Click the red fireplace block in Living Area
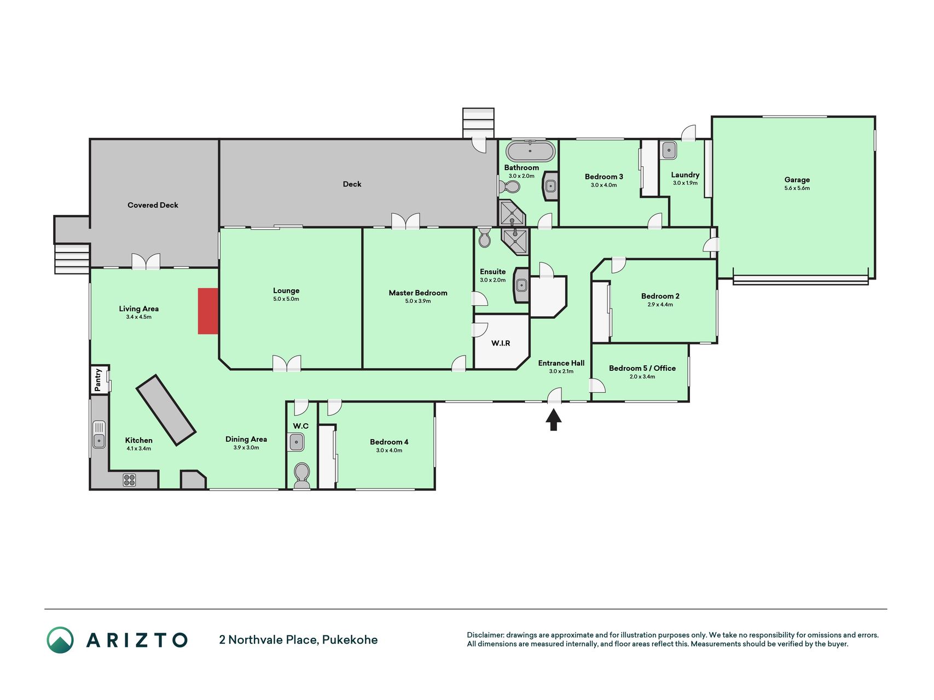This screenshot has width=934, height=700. [208, 311]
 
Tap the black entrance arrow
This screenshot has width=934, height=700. [554, 420]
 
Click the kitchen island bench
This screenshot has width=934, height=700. [166, 410]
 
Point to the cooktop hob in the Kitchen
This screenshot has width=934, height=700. [130, 480]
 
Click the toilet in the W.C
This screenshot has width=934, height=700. [301, 475]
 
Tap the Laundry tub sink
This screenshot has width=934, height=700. [668, 150]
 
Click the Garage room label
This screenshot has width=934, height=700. [797, 179]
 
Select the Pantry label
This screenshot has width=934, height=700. [98, 380]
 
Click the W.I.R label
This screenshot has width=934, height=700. [501, 343]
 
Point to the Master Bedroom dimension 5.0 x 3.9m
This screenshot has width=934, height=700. [418, 301]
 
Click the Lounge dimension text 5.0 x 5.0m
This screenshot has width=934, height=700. [286, 299]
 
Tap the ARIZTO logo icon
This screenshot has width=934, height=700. [60, 640]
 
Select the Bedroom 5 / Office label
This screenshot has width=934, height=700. [642, 368]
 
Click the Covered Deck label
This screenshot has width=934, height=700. [153, 205]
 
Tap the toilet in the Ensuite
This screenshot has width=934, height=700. [484, 238]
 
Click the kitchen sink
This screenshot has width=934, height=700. [99, 435]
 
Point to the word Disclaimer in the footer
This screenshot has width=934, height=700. [485, 635]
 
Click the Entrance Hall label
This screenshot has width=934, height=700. [561, 363]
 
